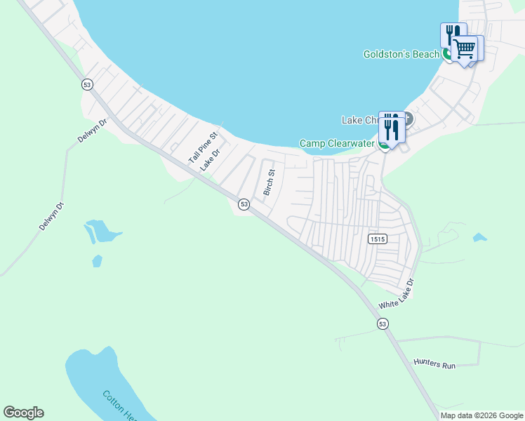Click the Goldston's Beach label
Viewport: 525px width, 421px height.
(x=401, y=54)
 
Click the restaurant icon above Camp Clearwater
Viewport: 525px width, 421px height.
(x=390, y=126)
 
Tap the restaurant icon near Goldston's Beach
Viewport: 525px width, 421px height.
(x=452, y=35)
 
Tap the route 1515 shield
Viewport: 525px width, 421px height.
(x=376, y=239)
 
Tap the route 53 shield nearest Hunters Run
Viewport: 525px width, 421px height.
(x=382, y=323)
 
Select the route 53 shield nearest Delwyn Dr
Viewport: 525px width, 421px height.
(x=87, y=84)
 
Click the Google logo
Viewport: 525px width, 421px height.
(x=23, y=413)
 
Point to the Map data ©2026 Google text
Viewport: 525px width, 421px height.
(x=482, y=415)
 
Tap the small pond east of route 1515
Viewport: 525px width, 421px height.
(x=480, y=238)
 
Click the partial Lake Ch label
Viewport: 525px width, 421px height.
(x=360, y=120)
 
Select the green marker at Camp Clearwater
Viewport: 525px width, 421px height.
(x=384, y=145)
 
